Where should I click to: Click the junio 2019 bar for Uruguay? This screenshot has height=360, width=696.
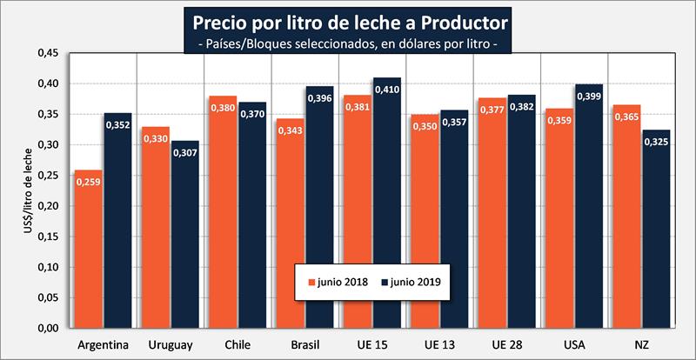click(185, 234)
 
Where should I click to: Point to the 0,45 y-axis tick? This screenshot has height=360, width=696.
click(48, 53)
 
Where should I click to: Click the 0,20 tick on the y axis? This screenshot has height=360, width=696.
click(48, 206)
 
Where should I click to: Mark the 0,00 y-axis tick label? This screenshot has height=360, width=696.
click(48, 329)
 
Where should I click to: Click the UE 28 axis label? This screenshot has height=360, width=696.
click(507, 344)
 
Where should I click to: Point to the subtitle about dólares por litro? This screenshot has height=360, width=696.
click(347, 41)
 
